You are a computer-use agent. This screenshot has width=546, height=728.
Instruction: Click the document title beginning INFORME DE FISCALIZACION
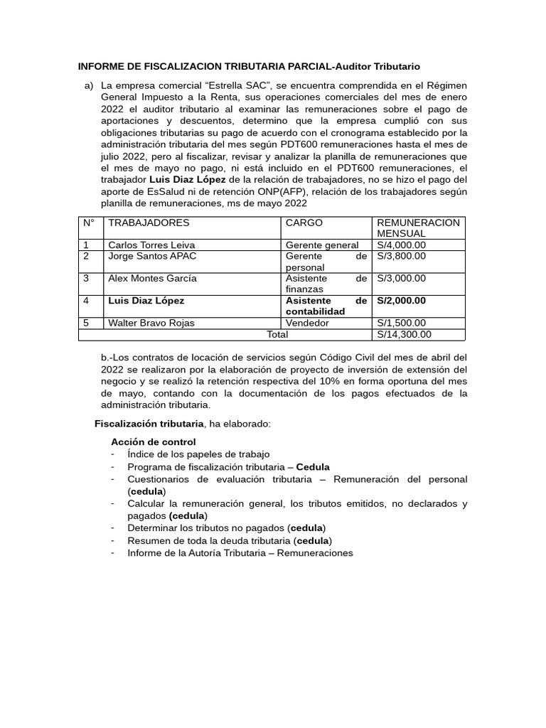(249, 66)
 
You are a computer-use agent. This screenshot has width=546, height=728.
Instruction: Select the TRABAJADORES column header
(149, 223)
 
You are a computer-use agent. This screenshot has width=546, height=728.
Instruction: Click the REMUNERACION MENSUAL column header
(418, 227)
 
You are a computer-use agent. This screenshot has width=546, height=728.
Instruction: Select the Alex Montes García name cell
(152, 278)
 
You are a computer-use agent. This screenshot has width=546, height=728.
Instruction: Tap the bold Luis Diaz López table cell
(146, 301)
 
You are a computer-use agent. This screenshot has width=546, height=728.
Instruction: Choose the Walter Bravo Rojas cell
(151, 323)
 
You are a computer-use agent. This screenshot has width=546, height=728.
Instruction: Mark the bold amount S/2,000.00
(402, 301)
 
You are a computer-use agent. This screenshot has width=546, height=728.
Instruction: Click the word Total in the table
(277, 334)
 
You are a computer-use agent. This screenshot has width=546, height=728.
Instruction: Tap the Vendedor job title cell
(307, 323)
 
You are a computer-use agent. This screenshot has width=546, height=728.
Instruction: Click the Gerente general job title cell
(322, 245)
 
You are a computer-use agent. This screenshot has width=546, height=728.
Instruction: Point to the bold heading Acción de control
(154, 441)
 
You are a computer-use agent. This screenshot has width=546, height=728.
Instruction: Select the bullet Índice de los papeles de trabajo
(198, 453)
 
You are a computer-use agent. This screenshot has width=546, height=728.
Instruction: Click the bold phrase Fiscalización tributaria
(149, 424)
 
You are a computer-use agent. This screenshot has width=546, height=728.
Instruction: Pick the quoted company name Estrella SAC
(232, 86)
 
